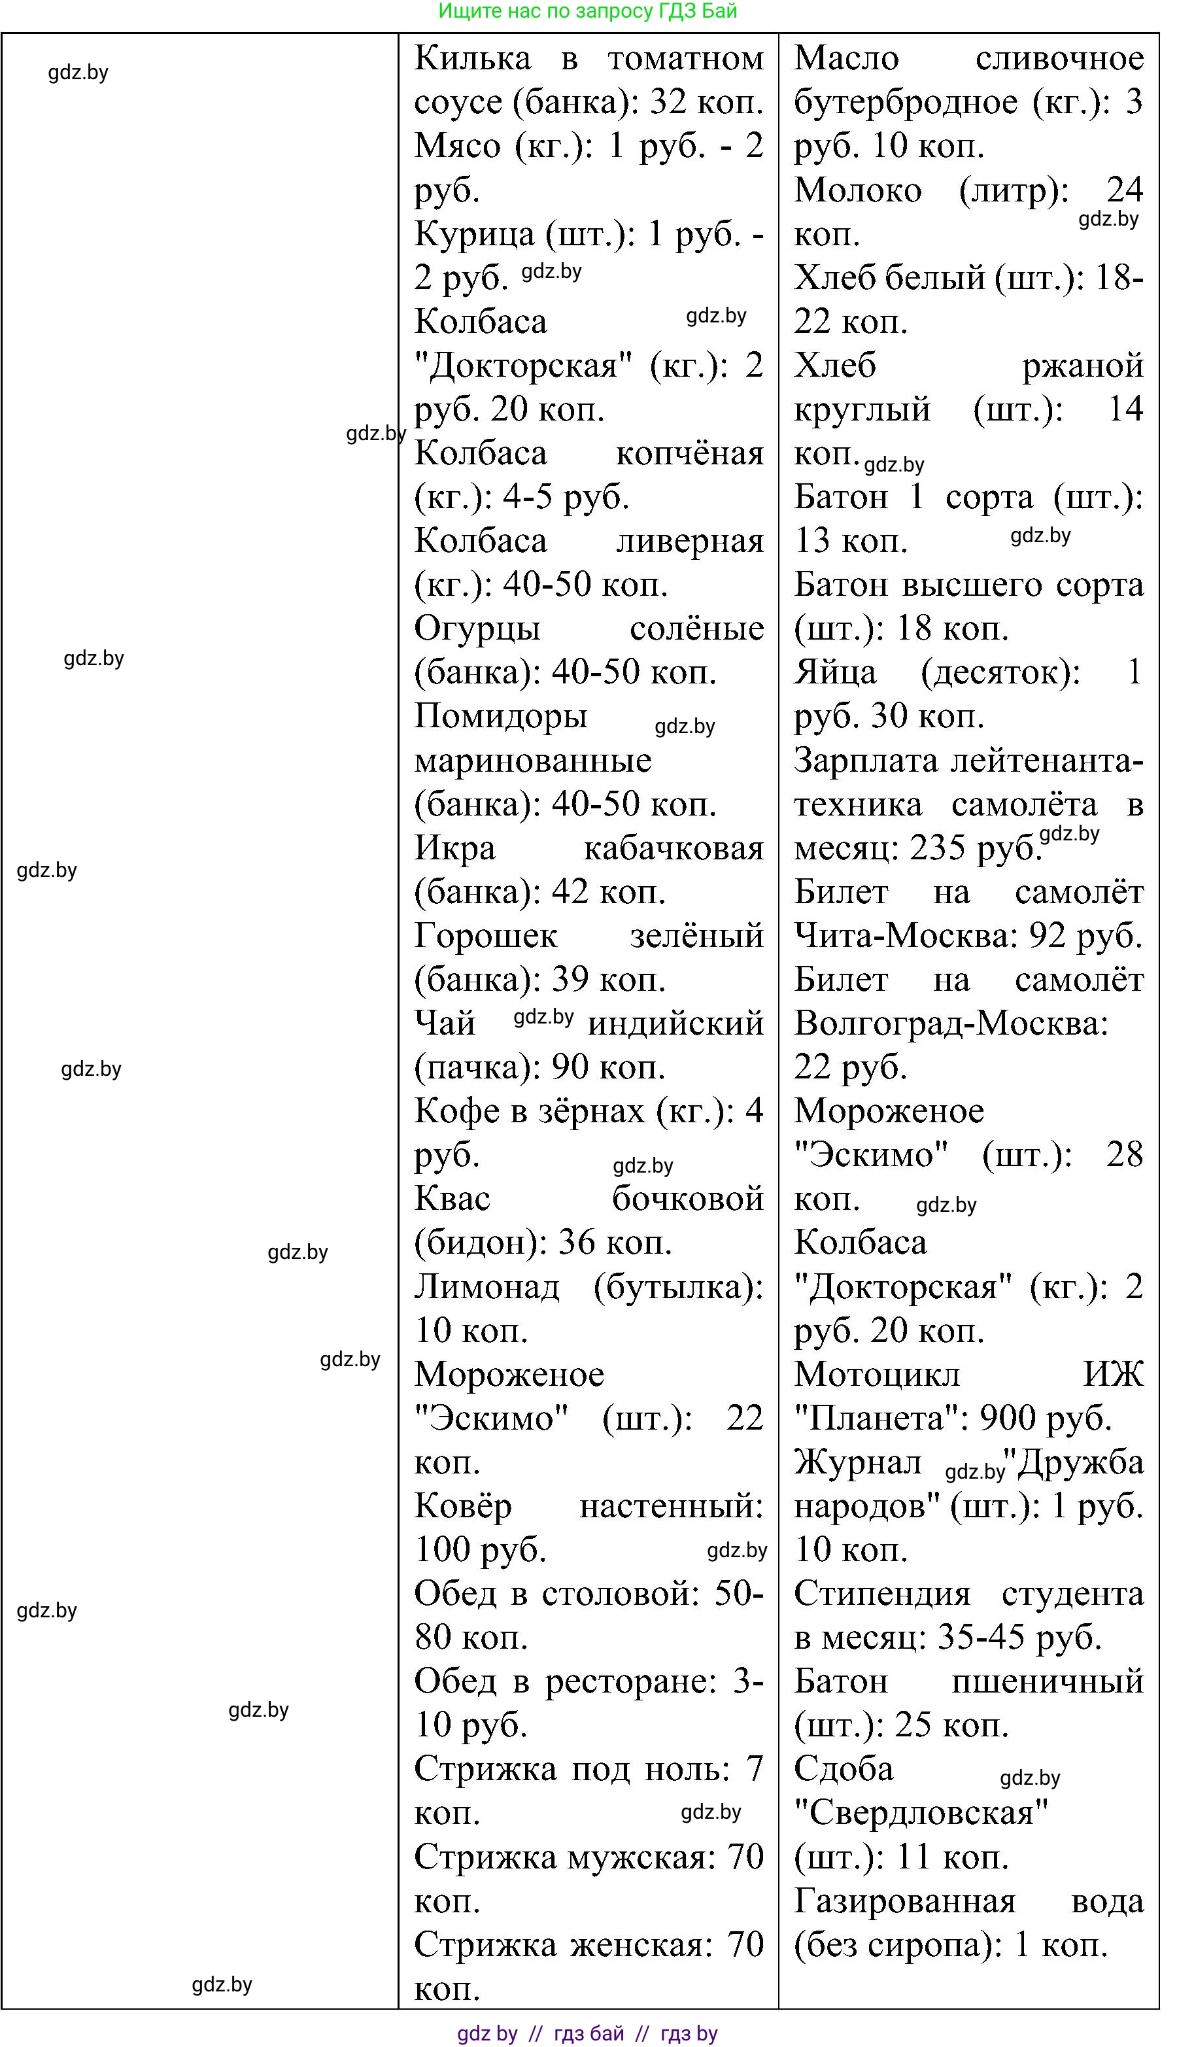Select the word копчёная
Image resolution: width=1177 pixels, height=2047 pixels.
click(690, 453)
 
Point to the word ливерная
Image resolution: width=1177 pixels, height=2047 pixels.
click(690, 541)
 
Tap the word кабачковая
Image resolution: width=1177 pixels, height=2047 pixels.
click(674, 848)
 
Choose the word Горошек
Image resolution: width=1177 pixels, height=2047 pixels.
click(485, 935)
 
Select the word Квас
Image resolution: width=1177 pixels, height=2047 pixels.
click(452, 1199)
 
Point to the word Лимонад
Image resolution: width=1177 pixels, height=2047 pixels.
click(486, 1286)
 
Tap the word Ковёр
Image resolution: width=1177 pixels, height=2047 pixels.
click(463, 1506)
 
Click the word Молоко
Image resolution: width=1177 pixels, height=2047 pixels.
click(858, 190)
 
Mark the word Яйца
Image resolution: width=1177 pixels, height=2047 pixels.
click(834, 672)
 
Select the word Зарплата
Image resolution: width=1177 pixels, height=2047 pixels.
click(866, 760)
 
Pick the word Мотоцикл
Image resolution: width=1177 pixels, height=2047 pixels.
click(877, 1375)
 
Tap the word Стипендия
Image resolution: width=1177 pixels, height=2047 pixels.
click(882, 1594)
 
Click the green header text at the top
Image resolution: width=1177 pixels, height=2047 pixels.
click(588, 11)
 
